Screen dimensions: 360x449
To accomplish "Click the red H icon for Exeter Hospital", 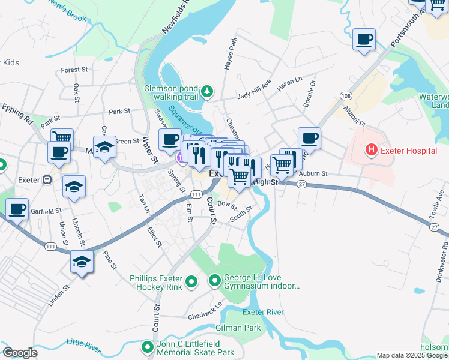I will click(x=372, y=150).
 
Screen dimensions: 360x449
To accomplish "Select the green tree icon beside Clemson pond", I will click(x=207, y=91).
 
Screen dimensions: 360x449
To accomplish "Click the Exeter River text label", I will click(x=263, y=312).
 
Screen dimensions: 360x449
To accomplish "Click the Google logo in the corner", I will click(x=20, y=353).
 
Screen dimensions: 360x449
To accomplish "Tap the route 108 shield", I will click(x=345, y=96).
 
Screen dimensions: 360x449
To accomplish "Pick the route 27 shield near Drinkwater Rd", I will click(x=435, y=227).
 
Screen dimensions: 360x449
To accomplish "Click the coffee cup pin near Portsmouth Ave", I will click(x=364, y=40).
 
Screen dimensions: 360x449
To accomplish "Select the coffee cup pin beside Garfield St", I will click(x=17, y=210).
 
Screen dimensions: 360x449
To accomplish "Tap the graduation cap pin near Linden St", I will click(x=82, y=262).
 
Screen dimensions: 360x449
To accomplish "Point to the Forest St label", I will click(x=74, y=70).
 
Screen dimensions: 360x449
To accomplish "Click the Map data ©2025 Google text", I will click(x=411, y=355).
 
